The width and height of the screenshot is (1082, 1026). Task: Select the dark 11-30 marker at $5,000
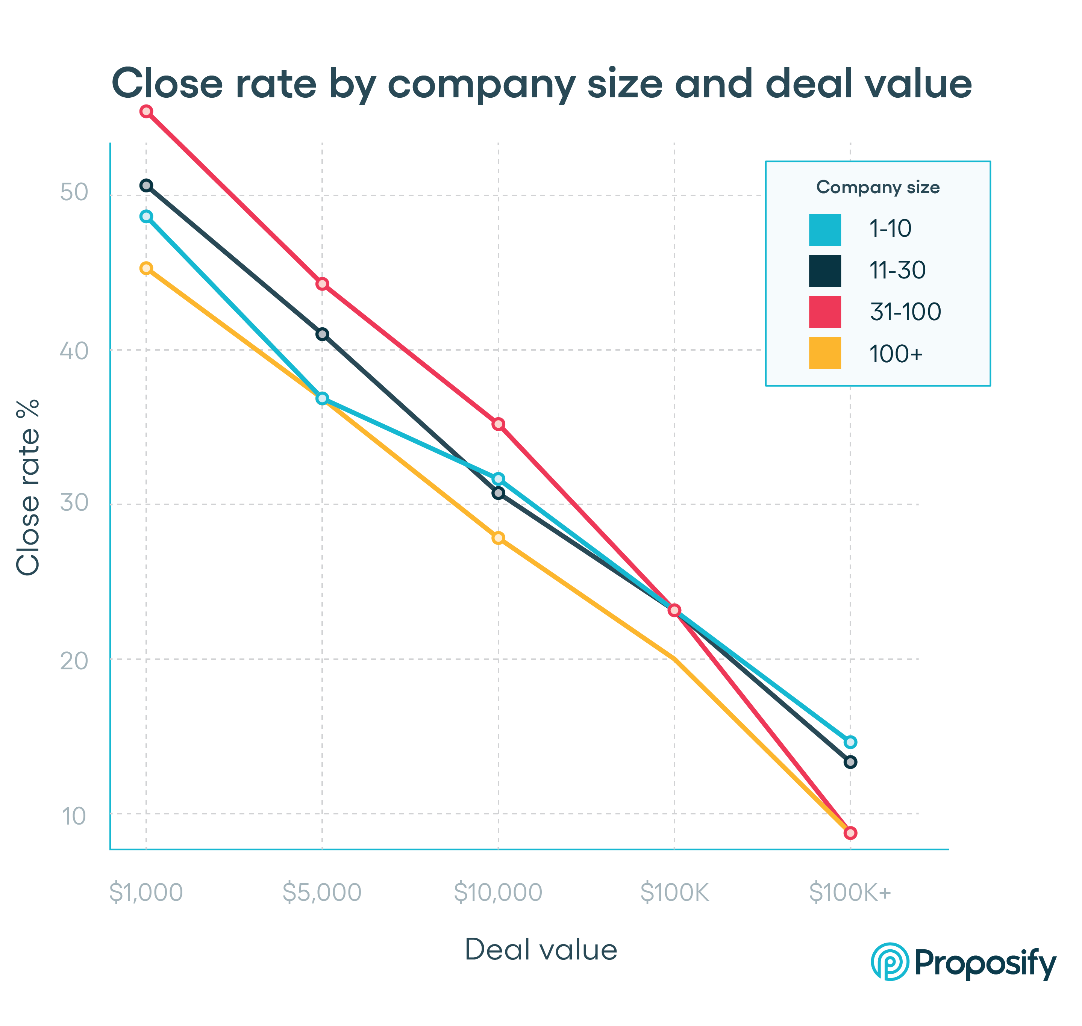[x=322, y=334]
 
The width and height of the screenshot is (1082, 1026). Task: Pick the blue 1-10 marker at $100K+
[x=850, y=742]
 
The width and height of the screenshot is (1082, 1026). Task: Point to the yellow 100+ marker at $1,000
[x=146, y=268]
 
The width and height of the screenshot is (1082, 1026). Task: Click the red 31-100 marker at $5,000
[x=322, y=284]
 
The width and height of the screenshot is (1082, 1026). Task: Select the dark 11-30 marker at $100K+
[x=850, y=762]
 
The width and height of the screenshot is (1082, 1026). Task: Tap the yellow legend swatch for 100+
[x=825, y=353]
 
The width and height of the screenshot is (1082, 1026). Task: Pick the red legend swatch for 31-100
[x=825, y=312]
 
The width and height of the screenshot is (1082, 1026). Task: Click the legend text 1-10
[x=890, y=229]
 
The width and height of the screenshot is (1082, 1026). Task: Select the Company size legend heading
[x=877, y=188]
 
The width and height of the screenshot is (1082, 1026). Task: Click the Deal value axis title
[x=541, y=950]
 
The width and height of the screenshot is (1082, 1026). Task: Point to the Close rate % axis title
[x=29, y=487]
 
